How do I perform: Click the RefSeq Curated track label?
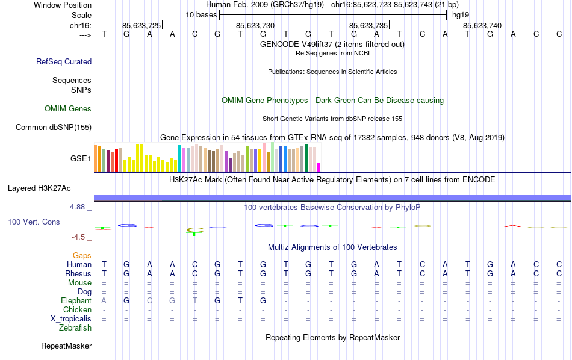point(64,61)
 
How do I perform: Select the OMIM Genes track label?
point(68,109)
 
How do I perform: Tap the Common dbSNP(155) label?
point(54,127)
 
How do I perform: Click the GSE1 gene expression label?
point(81,158)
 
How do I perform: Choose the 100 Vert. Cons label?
point(34,222)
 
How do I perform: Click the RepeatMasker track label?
point(66,346)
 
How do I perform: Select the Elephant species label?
point(76,300)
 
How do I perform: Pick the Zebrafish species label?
point(75,328)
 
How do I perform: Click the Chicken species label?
point(77,309)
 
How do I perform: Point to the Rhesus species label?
point(78,274)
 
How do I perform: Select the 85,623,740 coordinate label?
point(482,25)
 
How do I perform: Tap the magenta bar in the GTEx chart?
point(319,167)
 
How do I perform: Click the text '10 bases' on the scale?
point(201,14)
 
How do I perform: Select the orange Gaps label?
point(82,256)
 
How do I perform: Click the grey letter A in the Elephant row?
point(104,300)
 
